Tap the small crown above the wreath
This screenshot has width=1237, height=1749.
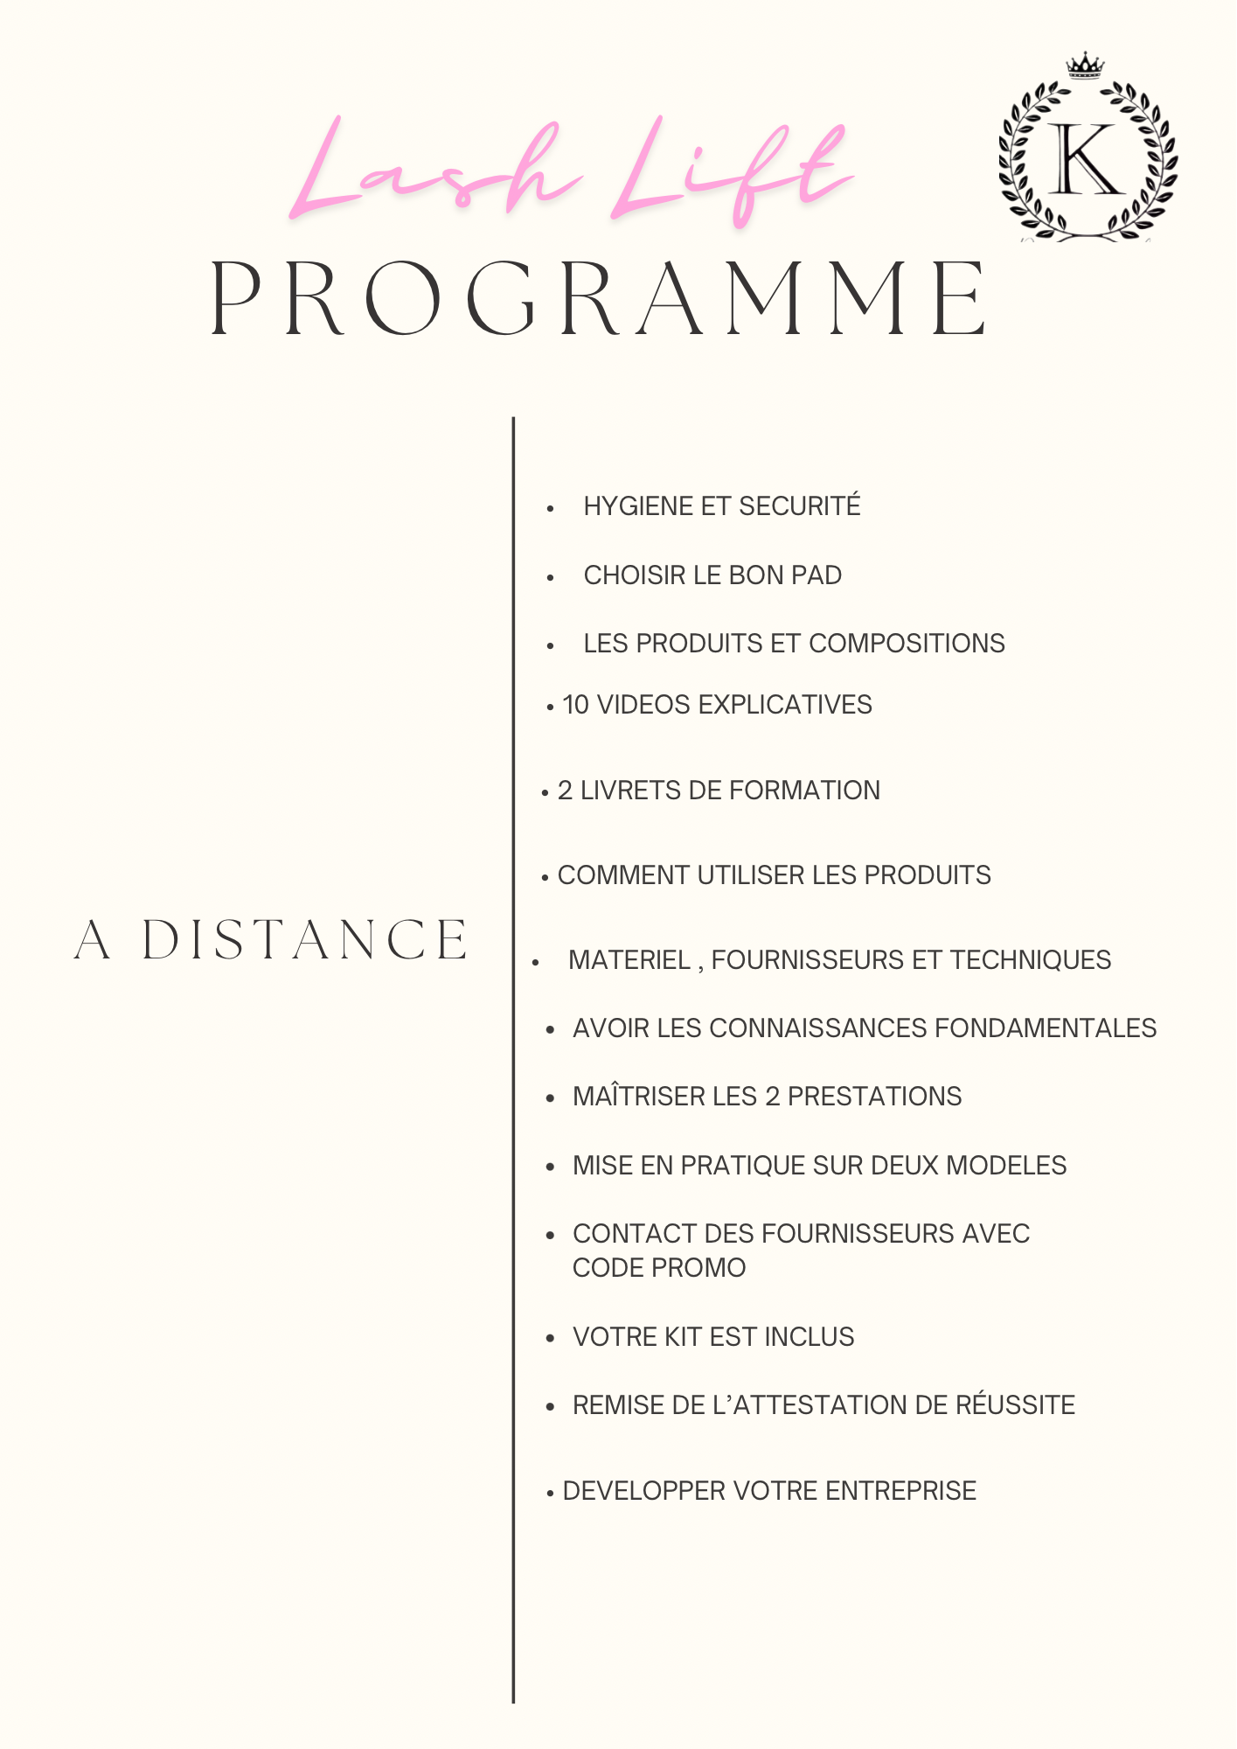pos(1085,66)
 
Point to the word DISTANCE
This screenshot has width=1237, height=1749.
pos(305,940)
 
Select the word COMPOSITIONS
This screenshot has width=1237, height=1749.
pos(907,644)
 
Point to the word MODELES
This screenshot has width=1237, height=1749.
pos(1006,1166)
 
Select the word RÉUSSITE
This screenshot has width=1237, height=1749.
pos(1015,1405)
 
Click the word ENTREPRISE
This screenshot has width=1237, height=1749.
pos(900,1491)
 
